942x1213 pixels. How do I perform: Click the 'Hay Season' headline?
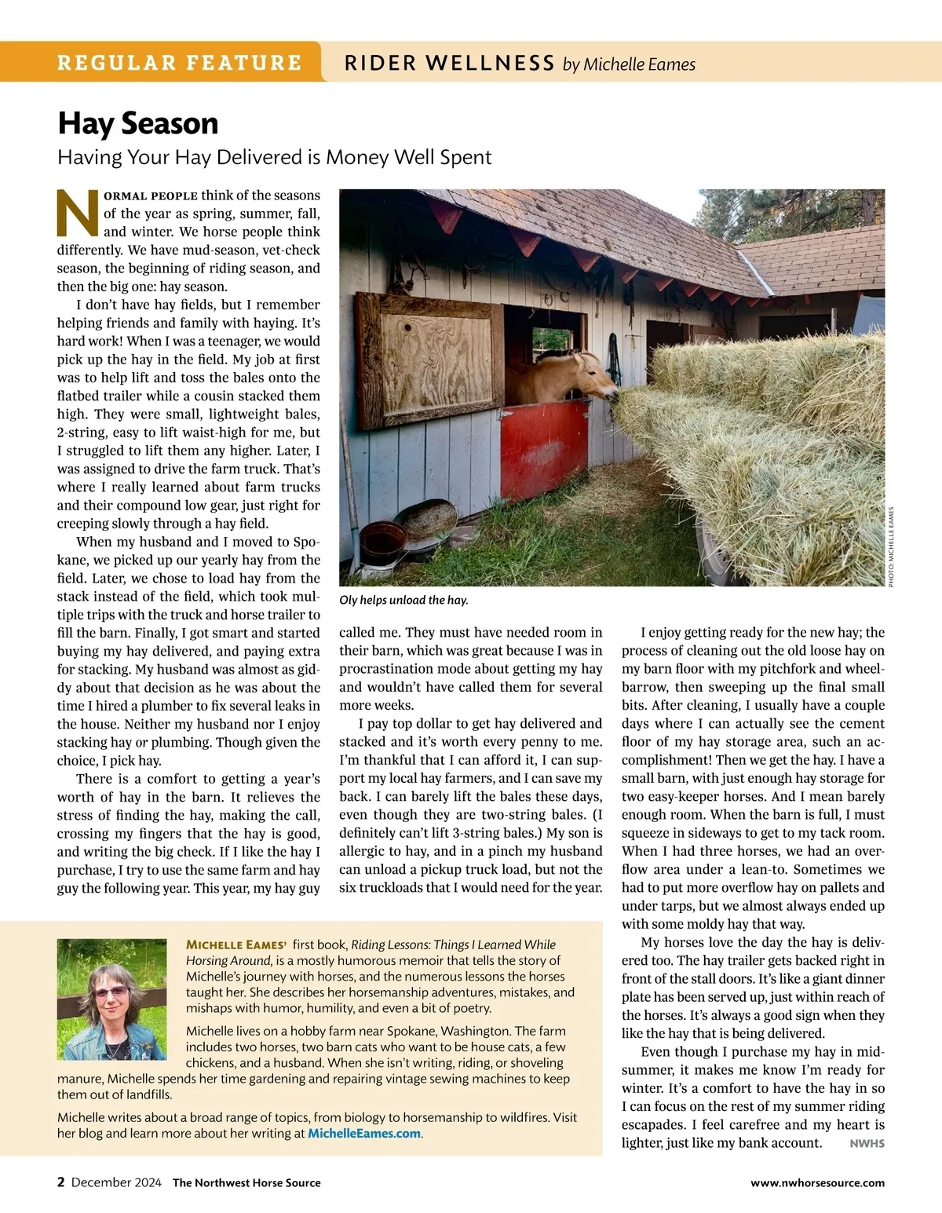pyautogui.click(x=138, y=124)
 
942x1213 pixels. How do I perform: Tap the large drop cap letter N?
pyautogui.click(x=78, y=214)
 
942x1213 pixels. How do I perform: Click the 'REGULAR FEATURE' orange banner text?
pyautogui.click(x=179, y=63)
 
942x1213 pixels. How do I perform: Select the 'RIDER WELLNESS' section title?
pyautogui.click(x=450, y=64)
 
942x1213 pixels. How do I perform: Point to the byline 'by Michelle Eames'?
pyautogui.click(x=629, y=64)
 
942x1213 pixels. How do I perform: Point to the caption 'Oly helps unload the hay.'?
pyautogui.click(x=403, y=600)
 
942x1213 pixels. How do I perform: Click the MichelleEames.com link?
pyautogui.click(x=364, y=1133)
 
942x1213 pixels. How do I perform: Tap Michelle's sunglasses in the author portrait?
pyautogui.click(x=111, y=992)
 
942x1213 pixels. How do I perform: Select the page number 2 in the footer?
pyautogui.click(x=61, y=1182)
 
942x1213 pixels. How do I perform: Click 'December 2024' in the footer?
pyautogui.click(x=116, y=1182)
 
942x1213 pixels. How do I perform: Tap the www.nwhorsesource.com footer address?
pyautogui.click(x=817, y=1182)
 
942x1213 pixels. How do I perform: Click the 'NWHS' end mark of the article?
pyautogui.click(x=867, y=1143)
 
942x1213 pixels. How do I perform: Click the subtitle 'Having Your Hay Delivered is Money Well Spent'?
pyautogui.click(x=275, y=157)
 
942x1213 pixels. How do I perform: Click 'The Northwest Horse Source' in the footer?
pyautogui.click(x=246, y=1182)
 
